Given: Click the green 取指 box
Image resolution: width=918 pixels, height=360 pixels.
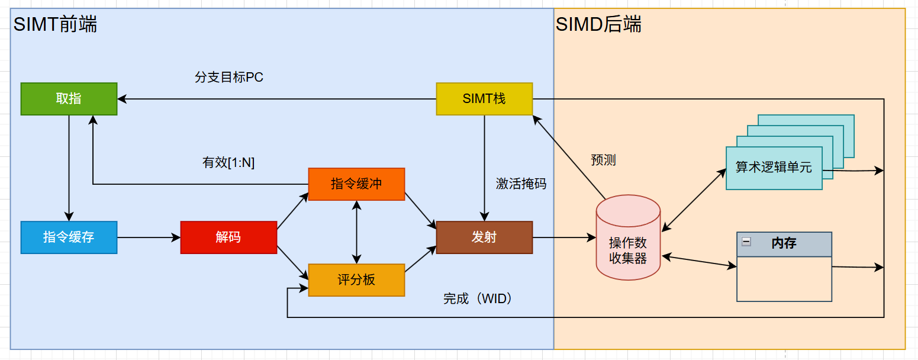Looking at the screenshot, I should tap(69, 99).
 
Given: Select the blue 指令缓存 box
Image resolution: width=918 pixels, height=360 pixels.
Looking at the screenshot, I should tap(69, 237).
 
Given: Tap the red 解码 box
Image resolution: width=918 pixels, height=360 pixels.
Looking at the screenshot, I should tap(228, 237).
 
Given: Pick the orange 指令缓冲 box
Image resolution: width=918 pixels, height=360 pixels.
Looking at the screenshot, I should tap(356, 184).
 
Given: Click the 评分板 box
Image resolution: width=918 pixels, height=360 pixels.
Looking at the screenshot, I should tap(356, 279).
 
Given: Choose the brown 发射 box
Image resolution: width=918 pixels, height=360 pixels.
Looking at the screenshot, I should tap(484, 237).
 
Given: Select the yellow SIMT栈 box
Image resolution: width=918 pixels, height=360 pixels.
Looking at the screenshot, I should tap(484, 99).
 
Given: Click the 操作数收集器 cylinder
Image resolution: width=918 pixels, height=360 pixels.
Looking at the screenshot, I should tap(628, 243).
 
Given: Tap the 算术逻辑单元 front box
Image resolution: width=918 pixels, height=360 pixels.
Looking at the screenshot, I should tap(774, 168).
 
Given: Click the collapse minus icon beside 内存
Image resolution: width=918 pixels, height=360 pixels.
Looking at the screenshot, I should tap(746, 241).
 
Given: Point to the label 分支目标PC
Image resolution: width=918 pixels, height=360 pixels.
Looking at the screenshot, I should tap(228, 78).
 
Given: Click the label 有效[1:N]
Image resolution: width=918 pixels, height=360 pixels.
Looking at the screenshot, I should tap(228, 163).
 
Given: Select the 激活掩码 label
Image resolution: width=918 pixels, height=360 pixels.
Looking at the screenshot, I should tap(521, 184).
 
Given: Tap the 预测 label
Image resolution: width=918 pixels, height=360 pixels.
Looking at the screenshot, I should tap(603, 160).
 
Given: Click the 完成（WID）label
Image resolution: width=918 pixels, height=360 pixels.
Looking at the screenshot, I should tap(478, 299).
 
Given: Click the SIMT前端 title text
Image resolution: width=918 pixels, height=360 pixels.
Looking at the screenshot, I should tap(55, 25).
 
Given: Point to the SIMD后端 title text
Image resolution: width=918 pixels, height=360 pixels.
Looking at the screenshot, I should tap(598, 25).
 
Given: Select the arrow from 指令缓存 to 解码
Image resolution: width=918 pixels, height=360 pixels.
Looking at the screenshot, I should tap(149, 237).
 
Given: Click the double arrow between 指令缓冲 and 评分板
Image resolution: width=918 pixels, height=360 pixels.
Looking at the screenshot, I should tap(356, 232).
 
